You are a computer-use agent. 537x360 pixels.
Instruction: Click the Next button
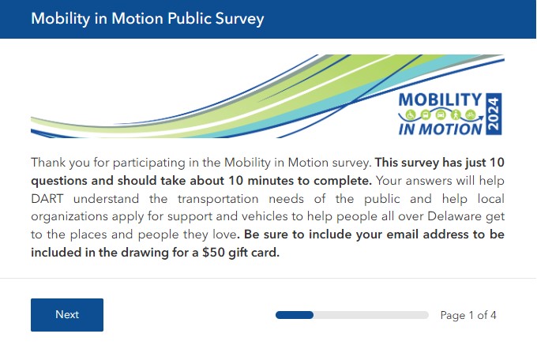pyautogui.click(x=67, y=315)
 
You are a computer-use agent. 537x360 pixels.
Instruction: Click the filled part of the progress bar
pyautogui.click(x=295, y=315)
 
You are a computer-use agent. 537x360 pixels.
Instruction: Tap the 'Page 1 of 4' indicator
pyautogui.click(x=468, y=315)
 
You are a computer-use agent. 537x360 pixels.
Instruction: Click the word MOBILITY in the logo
pyautogui.click(x=440, y=99)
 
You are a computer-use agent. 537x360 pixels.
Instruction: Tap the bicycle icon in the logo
pyautogui.click(x=471, y=114)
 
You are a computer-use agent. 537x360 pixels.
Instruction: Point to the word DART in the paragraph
pyautogui.click(x=47, y=198)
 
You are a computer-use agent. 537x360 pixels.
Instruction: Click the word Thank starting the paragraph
pyautogui.click(x=48, y=163)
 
